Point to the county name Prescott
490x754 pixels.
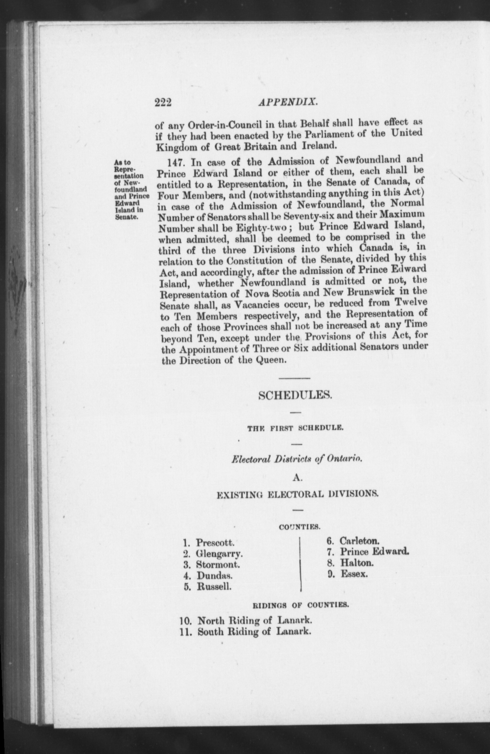(x=215, y=543)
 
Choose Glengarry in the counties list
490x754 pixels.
(x=219, y=554)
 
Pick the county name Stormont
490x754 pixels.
(x=218, y=565)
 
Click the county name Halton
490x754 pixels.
(x=357, y=563)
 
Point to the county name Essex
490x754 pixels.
(x=354, y=574)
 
